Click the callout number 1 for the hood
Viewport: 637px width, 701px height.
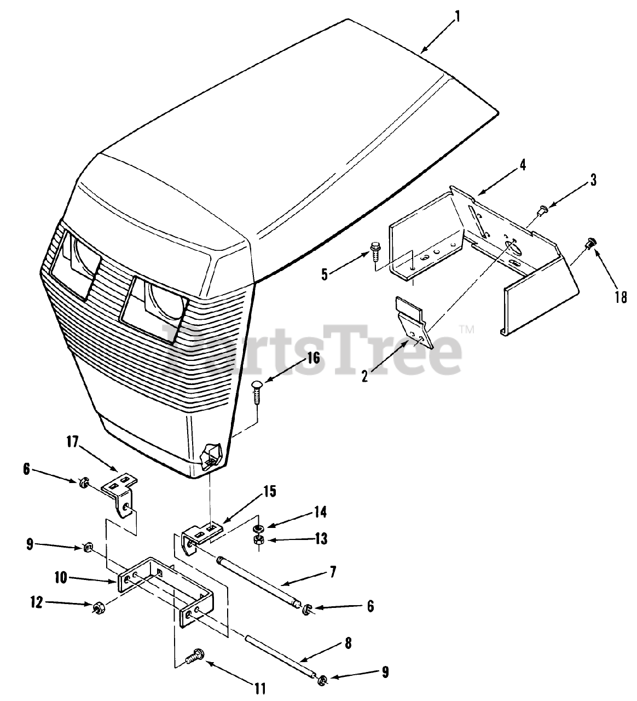coord(458,16)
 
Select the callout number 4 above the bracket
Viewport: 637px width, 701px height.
coord(523,165)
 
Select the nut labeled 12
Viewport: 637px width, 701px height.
coord(100,607)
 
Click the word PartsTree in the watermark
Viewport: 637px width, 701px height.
coord(312,350)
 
